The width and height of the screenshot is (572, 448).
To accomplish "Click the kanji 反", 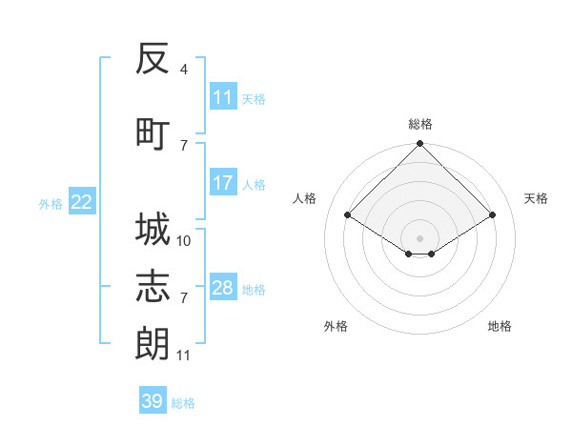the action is click(153, 58).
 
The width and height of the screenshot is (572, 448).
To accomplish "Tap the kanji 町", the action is click(153, 134).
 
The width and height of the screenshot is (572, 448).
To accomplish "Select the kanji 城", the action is click(153, 229).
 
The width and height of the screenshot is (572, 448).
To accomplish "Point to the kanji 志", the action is click(153, 286).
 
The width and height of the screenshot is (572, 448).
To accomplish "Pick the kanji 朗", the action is click(153, 343).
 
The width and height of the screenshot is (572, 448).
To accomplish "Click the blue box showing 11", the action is click(223, 96).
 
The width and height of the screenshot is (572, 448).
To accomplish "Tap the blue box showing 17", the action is click(223, 182).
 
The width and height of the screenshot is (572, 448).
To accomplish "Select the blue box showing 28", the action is click(223, 286).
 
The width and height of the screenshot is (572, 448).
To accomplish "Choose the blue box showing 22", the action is click(82, 201).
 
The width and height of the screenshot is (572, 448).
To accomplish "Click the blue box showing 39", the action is click(153, 399).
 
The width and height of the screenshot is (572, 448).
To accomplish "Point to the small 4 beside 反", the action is click(183, 70).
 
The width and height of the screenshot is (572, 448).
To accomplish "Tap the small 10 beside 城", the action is click(183, 241).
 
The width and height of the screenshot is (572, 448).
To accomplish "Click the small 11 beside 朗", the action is click(183, 356).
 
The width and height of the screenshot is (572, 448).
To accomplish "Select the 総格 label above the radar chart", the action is click(420, 124).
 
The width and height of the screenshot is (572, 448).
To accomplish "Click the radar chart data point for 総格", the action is click(419, 143).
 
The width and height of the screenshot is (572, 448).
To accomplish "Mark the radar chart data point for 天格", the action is click(492, 214).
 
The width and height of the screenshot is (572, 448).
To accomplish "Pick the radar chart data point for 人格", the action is click(348, 214).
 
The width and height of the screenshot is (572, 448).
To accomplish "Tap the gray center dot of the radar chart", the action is click(419, 238).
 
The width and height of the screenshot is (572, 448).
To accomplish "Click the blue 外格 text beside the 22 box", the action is click(51, 204).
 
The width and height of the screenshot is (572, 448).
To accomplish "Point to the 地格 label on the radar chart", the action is click(500, 326).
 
